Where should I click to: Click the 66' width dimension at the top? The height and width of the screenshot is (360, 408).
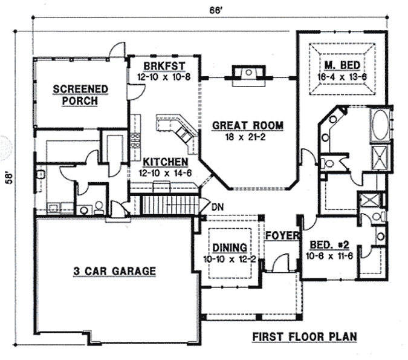(208, 11)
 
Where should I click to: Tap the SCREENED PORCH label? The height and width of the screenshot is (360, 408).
(80, 95)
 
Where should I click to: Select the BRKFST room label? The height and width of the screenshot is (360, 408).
(160, 65)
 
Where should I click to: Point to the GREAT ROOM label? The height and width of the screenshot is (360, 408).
(247, 126)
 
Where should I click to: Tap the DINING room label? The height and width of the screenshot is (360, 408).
(229, 247)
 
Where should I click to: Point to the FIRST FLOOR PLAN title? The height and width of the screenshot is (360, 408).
(304, 336)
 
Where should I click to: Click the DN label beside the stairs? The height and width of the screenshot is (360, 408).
(218, 207)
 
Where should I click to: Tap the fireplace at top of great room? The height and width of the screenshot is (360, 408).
(248, 73)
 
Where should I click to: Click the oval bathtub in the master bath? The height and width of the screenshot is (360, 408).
(381, 125)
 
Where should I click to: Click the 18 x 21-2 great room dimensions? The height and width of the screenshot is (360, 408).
(247, 138)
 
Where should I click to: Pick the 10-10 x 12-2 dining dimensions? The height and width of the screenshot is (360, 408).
(229, 259)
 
